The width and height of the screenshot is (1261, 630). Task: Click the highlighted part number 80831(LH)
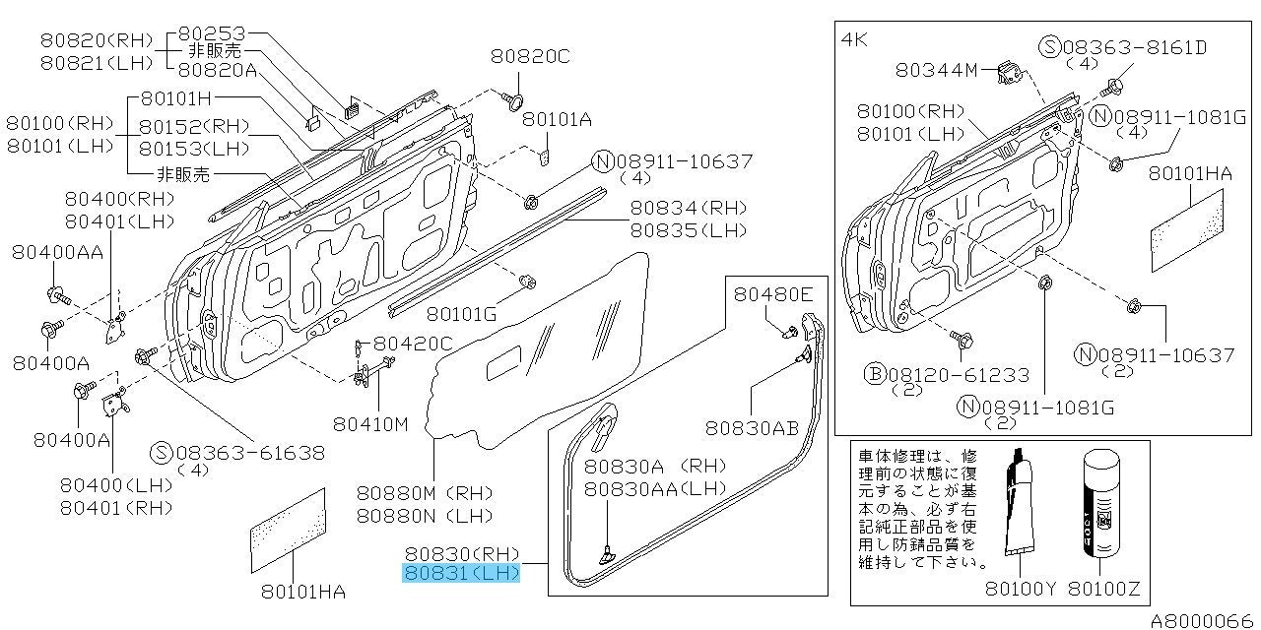[x=461, y=573]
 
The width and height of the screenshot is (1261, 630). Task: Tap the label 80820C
[x=530, y=56]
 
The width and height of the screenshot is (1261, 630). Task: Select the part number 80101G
[x=462, y=314]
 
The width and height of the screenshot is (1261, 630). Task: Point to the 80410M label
[x=370, y=424]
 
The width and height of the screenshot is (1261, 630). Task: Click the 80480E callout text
[x=773, y=294]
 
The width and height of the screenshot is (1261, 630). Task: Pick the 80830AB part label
[x=752, y=428]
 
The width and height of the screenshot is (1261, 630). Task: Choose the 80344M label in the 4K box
[x=936, y=70]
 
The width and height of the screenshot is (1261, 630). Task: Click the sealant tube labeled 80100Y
[x=1019, y=502]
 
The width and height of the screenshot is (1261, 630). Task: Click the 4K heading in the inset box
[x=854, y=39]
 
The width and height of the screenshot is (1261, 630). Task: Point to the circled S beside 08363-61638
[x=162, y=452]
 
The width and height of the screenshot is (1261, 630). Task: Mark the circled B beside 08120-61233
[x=875, y=373]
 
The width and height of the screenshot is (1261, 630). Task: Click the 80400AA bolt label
[x=57, y=252]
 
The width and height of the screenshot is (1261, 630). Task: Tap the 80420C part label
[x=413, y=344]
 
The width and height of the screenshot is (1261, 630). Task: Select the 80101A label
[x=557, y=119]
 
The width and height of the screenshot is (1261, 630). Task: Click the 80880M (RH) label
[x=425, y=493]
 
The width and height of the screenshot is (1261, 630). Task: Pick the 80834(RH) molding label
[x=688, y=208]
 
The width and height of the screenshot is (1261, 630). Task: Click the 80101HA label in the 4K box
[x=1190, y=174]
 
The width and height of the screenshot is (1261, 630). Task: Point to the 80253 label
[x=212, y=33]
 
